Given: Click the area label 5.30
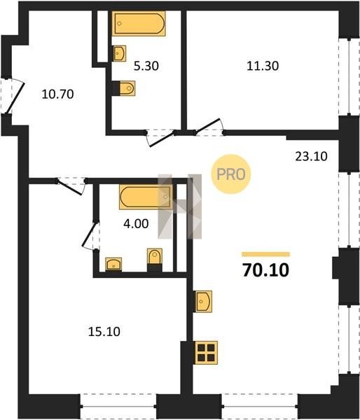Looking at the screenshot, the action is pyautogui.click(x=146, y=66).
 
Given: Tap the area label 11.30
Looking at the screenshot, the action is pyautogui.click(x=263, y=66).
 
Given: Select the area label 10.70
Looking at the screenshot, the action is pyautogui.click(x=58, y=94).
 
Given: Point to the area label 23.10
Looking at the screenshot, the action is pyautogui.click(x=311, y=156).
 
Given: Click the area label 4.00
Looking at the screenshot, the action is pyautogui.click(x=136, y=224).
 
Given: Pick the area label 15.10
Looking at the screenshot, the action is pyautogui.click(x=104, y=332).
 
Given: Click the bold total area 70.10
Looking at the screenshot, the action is pyautogui.click(x=265, y=270).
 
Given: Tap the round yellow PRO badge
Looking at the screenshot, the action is pyautogui.click(x=231, y=174).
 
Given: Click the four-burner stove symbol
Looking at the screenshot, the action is pyautogui.click(x=206, y=353).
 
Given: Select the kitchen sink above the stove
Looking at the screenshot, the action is pyautogui.click(x=203, y=301).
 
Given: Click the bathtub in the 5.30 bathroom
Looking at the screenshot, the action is pyautogui.click(x=139, y=23).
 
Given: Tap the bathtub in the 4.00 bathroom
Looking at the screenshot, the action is pyautogui.click(x=146, y=197).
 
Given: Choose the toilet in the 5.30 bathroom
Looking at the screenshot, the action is pyautogui.click(x=124, y=88).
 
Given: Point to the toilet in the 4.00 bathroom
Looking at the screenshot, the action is pyautogui.click(x=155, y=260).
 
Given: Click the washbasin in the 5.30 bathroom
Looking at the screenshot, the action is pyautogui.click(x=119, y=53).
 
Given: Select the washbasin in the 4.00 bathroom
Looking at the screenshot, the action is pyautogui.click(x=113, y=265).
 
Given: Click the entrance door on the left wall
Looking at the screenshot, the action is pyautogui.click(x=15, y=98).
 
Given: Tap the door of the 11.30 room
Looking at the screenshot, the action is pyautogui.click(x=208, y=125).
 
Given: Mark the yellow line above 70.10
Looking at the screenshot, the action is pyautogui.click(x=265, y=254).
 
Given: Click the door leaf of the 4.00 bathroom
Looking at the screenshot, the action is pyautogui.click(x=89, y=234).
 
